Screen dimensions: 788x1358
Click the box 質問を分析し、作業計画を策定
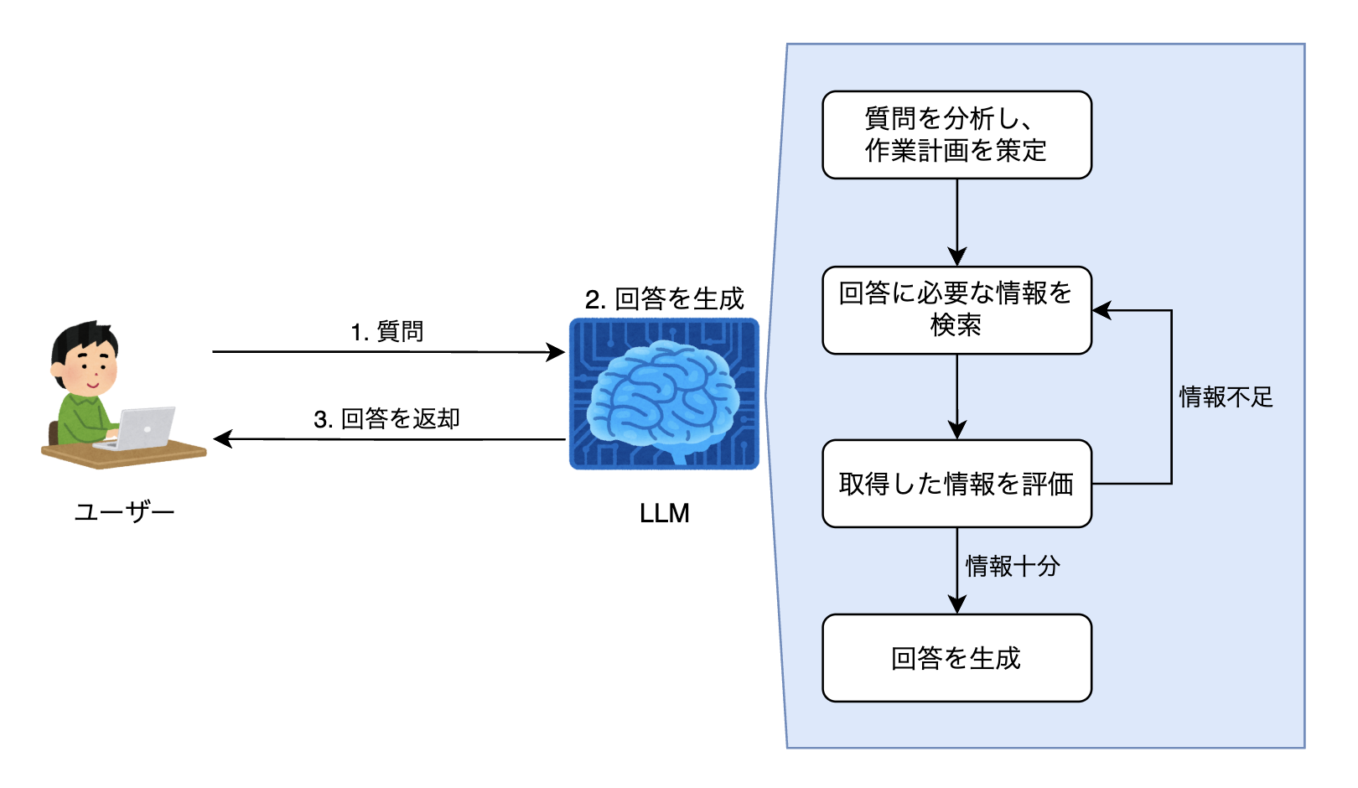956,135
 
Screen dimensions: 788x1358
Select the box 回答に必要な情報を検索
956,310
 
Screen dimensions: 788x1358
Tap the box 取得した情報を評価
956,484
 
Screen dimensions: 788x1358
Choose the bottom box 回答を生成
956,658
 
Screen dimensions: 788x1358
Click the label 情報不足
1226,397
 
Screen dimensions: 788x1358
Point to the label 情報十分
1013,566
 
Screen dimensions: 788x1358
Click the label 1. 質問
387,332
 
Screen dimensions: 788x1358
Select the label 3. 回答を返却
387,418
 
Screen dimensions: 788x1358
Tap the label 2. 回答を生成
664,298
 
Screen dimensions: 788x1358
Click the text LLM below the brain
664,513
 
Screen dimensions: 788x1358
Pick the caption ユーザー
124,511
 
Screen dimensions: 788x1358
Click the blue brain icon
664,393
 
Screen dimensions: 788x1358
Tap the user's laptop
143,428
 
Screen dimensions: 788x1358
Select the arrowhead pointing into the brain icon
556,352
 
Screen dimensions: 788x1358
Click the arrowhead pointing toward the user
223,438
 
